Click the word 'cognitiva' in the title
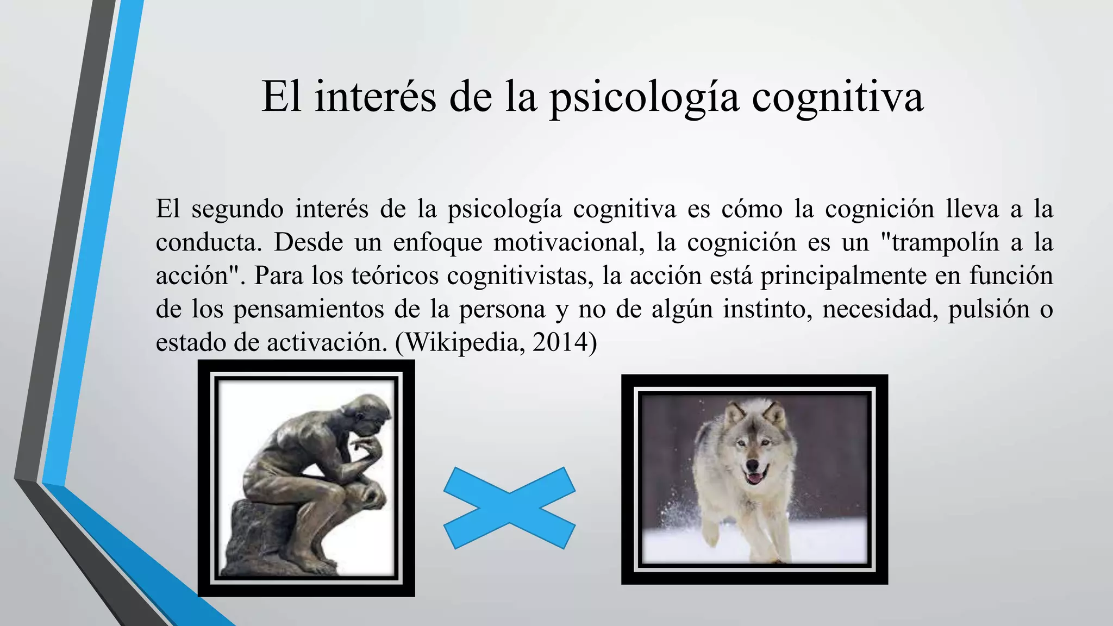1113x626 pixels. click(837, 98)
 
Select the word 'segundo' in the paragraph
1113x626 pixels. click(237, 210)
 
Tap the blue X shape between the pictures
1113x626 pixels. click(509, 508)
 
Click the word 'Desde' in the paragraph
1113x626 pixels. click(308, 242)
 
